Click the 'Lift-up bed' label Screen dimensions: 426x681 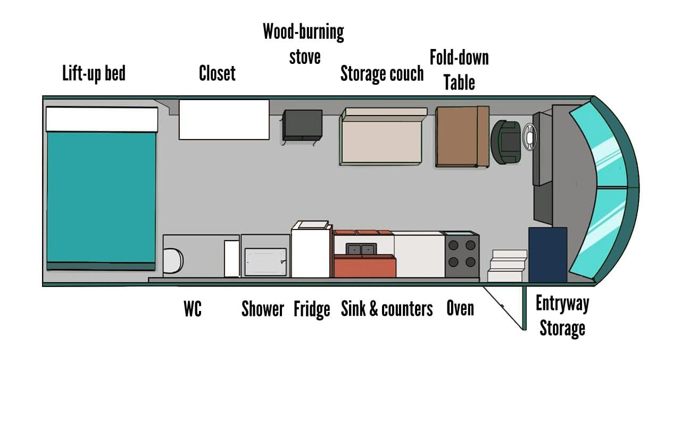point(94,73)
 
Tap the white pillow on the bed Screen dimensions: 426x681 point(102,119)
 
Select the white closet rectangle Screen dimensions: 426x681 point(224,119)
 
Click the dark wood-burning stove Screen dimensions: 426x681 point(302,125)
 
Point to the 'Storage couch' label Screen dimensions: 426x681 point(382,73)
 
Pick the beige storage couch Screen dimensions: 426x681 point(381,138)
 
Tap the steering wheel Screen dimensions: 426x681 point(529,137)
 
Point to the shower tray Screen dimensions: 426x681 point(265,261)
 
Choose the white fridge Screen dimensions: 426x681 point(311,251)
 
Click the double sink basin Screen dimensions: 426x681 point(361,249)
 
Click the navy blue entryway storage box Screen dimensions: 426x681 point(547,255)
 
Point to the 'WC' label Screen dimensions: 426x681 point(193,309)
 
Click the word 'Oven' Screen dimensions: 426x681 point(460,308)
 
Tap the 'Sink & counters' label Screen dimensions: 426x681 point(387,309)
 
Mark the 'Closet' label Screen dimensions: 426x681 point(217,73)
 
